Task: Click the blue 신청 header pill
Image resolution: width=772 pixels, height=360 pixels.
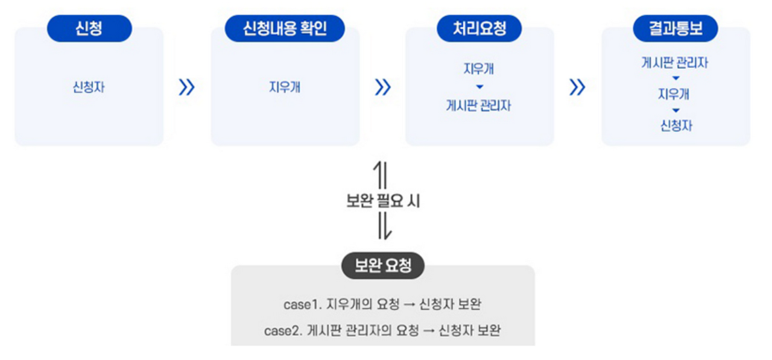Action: (x=89, y=28)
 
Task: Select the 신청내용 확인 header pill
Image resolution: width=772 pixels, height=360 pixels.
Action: (x=285, y=28)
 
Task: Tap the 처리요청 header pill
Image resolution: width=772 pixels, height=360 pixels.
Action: (x=479, y=28)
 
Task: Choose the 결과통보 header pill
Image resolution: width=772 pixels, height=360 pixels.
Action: (x=675, y=28)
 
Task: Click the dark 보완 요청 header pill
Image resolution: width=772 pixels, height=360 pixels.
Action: (x=383, y=266)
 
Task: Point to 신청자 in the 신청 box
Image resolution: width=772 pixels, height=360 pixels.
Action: (x=89, y=87)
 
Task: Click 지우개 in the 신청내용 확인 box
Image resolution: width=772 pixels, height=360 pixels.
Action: (x=285, y=87)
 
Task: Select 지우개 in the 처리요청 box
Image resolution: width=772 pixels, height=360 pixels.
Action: (x=479, y=69)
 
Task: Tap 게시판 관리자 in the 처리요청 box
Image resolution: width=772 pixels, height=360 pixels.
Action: (x=479, y=106)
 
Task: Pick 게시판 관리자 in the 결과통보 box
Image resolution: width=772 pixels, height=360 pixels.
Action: (x=675, y=62)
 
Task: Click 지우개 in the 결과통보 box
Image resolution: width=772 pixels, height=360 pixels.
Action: (x=675, y=94)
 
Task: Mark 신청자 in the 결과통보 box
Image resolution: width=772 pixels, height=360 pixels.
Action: (x=675, y=126)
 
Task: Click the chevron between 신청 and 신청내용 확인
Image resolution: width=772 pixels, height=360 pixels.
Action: (x=187, y=88)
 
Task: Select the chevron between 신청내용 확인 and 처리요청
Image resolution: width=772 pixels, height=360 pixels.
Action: (x=382, y=88)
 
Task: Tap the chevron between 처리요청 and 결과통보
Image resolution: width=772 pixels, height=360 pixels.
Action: (x=577, y=88)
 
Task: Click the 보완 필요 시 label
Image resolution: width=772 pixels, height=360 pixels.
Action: (x=383, y=201)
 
